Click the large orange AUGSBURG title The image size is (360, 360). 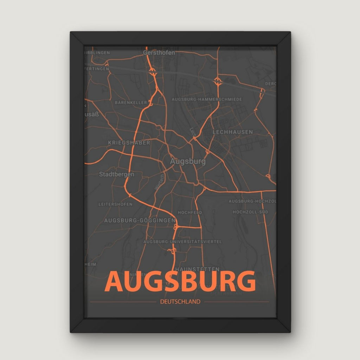click(180, 281)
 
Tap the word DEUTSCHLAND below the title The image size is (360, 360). click(180, 301)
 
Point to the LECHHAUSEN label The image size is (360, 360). click(233, 132)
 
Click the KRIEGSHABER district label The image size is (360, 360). click(129, 143)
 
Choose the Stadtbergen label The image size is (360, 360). click(116, 174)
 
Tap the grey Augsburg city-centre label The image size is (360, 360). click(188, 162)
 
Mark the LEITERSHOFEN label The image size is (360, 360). click(115, 204)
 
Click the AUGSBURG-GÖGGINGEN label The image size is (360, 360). click(140, 220)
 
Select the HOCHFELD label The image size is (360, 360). click(190, 213)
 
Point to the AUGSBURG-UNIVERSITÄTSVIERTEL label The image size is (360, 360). click(183, 242)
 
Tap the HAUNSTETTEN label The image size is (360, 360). click(197, 269)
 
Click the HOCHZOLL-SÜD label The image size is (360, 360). click(250, 212)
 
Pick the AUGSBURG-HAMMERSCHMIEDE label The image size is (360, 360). click(207, 99)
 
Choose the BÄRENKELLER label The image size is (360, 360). click(130, 103)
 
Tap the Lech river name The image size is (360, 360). click(192, 132)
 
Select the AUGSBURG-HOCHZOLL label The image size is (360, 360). click(252, 201)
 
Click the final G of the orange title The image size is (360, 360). click(245, 281)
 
